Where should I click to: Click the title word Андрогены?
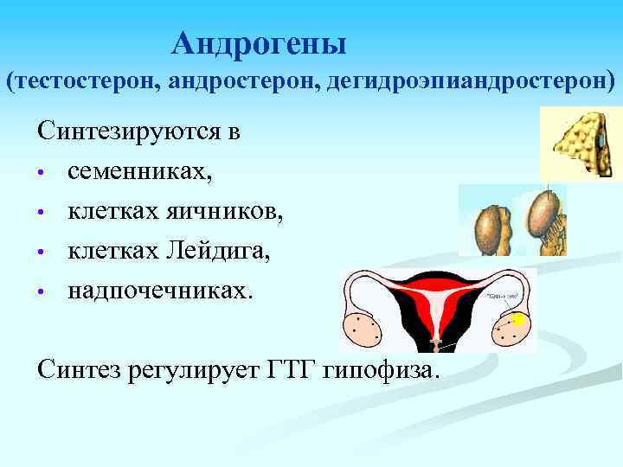pos(259,42)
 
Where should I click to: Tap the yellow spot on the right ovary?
pos(518,320)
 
